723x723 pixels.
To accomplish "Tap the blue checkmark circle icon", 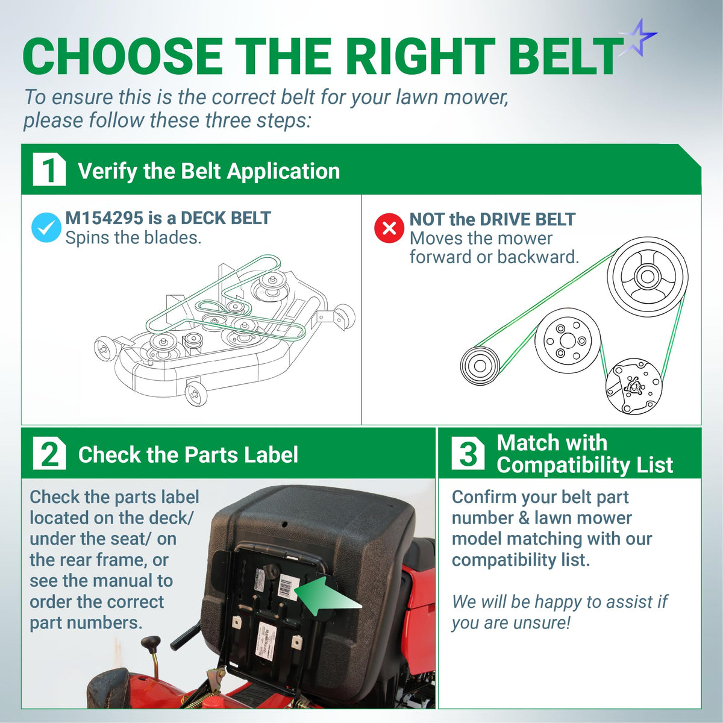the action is [x=46, y=227].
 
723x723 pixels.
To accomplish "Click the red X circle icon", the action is [x=389, y=228].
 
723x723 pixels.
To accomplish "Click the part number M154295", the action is [x=104, y=218].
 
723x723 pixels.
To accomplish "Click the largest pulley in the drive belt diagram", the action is [x=648, y=277].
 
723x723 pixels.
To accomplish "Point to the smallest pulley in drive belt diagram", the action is [x=480, y=365].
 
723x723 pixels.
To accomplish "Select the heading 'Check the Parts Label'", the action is [x=188, y=455].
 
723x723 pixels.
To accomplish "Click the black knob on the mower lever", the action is [x=151, y=644].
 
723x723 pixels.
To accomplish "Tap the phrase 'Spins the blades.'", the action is [x=134, y=238].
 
